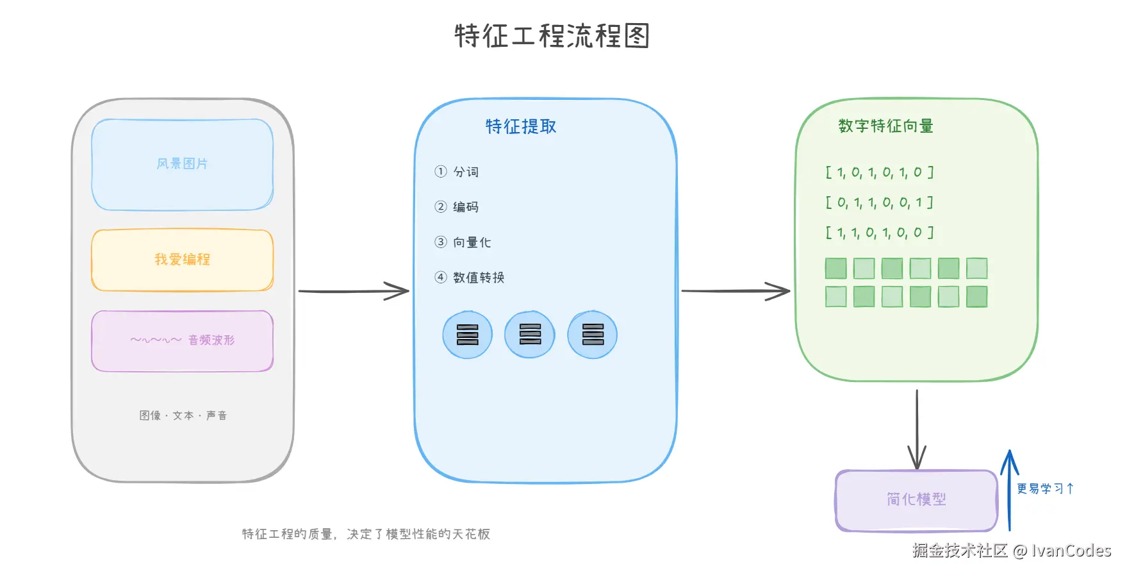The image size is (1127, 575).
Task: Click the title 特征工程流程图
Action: point(552,36)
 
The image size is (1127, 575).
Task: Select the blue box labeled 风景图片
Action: point(183,164)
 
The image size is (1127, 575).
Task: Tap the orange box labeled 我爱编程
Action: point(183,260)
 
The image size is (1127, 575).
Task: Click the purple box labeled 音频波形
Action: point(183,340)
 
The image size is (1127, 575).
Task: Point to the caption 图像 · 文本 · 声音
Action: point(183,415)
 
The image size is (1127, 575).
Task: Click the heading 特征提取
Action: point(520,127)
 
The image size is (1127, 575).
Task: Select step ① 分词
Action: point(457,172)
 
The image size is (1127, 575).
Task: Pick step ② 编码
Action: point(457,207)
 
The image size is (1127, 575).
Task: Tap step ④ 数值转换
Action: point(470,278)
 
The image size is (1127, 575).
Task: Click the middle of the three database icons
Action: point(530,335)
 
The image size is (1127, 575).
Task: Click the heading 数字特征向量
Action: point(885,126)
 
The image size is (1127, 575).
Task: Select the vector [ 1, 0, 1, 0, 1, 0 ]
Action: point(879,172)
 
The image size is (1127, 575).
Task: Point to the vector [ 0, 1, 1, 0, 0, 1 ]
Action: point(879,203)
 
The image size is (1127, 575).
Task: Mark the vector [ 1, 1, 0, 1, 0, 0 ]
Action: point(879,233)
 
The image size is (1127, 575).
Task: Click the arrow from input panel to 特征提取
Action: point(353,292)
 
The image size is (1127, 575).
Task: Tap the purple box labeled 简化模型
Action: point(916,500)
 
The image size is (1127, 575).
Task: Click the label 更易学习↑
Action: point(1045,488)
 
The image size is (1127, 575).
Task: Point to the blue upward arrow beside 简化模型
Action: point(1010,490)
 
